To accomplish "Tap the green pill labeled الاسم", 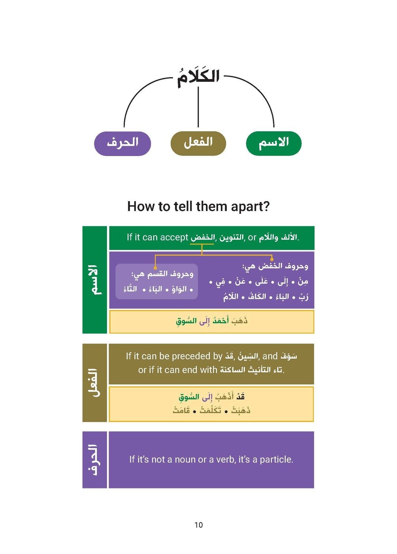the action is coord(274,143).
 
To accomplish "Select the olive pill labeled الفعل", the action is coord(198,143).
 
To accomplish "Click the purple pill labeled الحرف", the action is coord(122,143).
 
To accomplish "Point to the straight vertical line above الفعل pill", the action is coord(198,107).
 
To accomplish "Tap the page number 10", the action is coord(198,525).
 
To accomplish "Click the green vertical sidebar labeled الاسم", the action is coord(95,280).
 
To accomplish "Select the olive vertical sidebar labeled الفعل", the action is coord(95,383).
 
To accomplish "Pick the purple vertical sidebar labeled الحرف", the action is coord(95,460).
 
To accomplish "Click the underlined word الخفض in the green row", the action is coord(202,238).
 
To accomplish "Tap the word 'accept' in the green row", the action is coord(174,237).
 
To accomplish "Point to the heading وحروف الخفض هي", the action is coord(275,266).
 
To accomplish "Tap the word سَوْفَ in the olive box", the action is coord(289,356).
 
